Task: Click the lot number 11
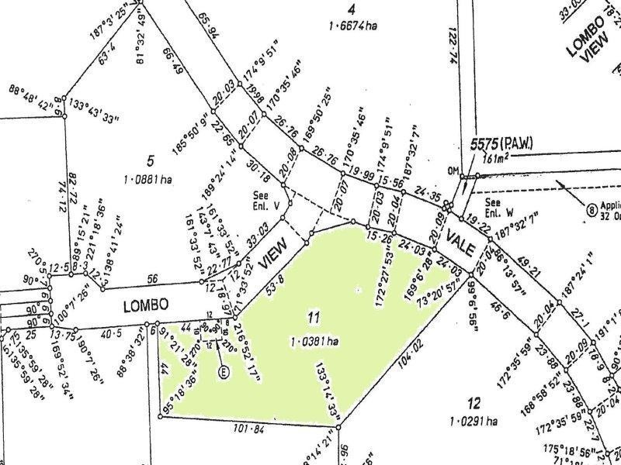click(x=313, y=317)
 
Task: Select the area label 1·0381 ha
click(x=314, y=340)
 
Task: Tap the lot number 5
click(x=151, y=160)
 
